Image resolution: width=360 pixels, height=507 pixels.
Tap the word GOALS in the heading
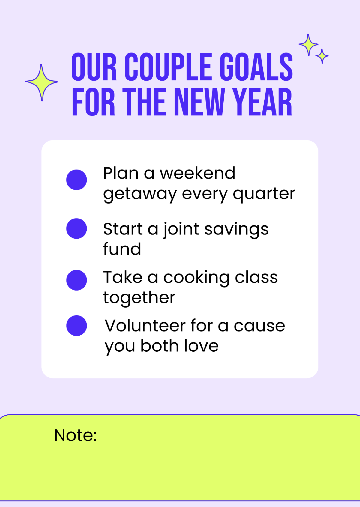coord(256,67)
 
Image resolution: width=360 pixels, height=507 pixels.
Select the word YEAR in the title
coord(262,102)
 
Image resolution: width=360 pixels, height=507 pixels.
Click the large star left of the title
coord(41,82)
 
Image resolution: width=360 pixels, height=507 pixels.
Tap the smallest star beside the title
coord(322,56)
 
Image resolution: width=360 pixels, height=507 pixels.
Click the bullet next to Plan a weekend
coord(76,180)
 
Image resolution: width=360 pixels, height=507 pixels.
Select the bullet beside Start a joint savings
coord(76,228)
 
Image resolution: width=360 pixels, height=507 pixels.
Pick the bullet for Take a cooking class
coord(76,280)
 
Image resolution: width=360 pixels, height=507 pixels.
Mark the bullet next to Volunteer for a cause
coord(76,326)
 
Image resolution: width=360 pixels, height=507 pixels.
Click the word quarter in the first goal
coord(264,194)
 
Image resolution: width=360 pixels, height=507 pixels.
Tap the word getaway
coord(140,195)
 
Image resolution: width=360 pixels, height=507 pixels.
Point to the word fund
coord(122,249)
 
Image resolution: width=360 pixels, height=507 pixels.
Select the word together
coord(139,298)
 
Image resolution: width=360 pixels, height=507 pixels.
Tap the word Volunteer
coord(145,326)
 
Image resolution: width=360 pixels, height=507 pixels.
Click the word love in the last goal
coord(201,346)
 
